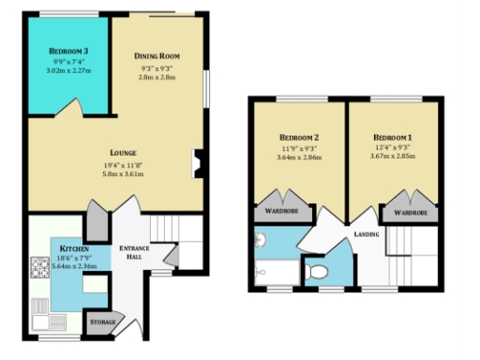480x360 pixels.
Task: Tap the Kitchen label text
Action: click(x=74, y=248)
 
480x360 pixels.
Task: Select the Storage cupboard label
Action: click(x=103, y=322)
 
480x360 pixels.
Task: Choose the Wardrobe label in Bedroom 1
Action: click(x=411, y=213)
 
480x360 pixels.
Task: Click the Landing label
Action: click(x=366, y=234)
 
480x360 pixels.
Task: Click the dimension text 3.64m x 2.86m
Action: click(x=298, y=157)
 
